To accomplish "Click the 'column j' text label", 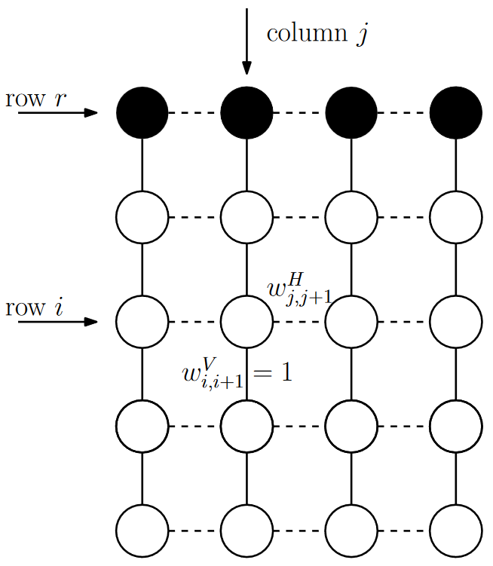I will pos(317,34).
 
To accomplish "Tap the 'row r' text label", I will pos(33,99).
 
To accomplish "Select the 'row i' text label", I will pos(33,308).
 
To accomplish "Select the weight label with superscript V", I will pos(213,374).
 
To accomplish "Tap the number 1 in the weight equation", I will pos(283,372).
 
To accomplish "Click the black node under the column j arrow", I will pos(246,113).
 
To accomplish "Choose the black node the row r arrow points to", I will pos(142,113).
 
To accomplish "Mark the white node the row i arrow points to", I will pos(142,322).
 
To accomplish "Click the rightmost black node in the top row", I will pos(455,113).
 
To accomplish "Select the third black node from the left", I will pos(351,113).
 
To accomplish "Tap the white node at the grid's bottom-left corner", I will pos(142,530).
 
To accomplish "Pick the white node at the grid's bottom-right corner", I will pos(455,530).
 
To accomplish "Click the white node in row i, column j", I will pos(246,322).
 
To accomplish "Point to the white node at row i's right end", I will pos(455,322).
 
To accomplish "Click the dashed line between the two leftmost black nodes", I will pos(194,113).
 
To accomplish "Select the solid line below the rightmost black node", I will pos(455,165).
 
